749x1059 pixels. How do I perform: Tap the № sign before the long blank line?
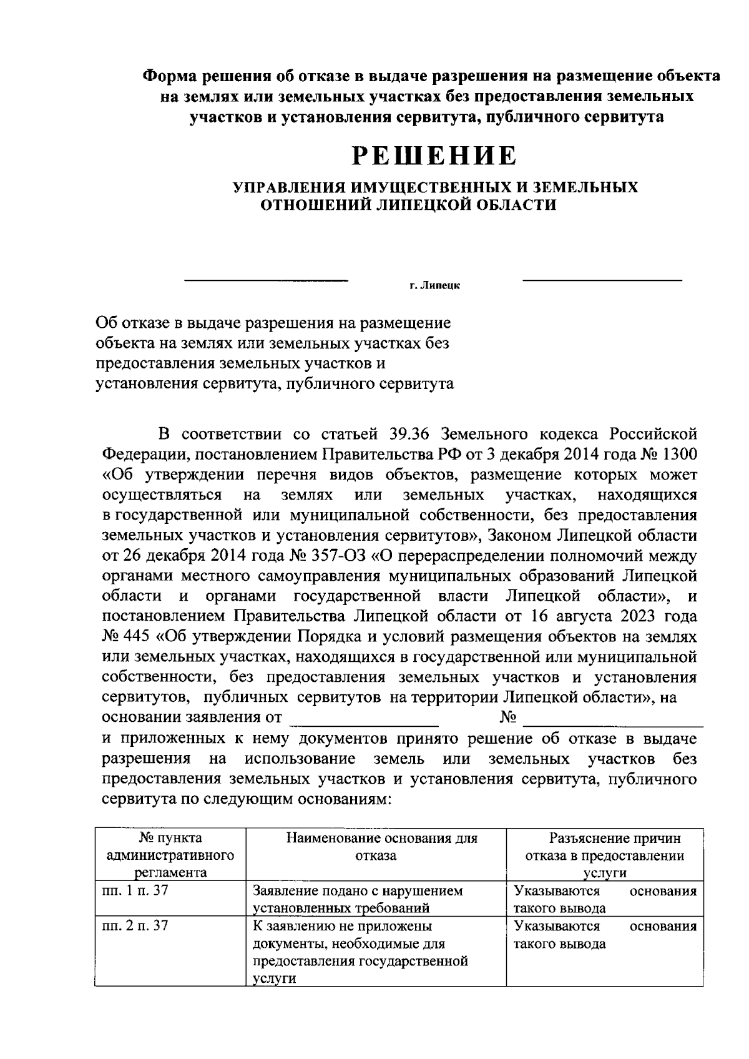tap(509, 717)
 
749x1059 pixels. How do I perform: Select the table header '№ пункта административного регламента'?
tap(170, 855)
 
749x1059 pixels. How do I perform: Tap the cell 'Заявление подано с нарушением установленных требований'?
tap(359, 899)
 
